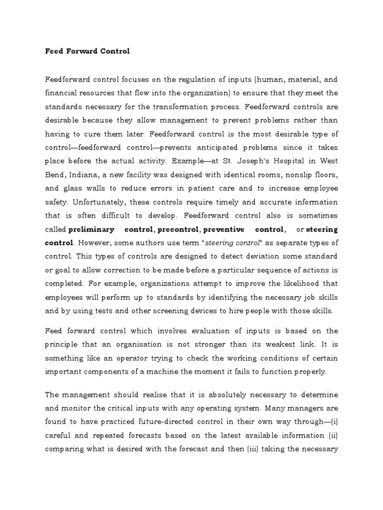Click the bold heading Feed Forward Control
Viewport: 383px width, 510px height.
[87, 51]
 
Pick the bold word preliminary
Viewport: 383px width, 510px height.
[90, 230]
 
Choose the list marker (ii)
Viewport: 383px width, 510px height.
[333, 435]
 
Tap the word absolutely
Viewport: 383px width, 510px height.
[198, 394]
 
